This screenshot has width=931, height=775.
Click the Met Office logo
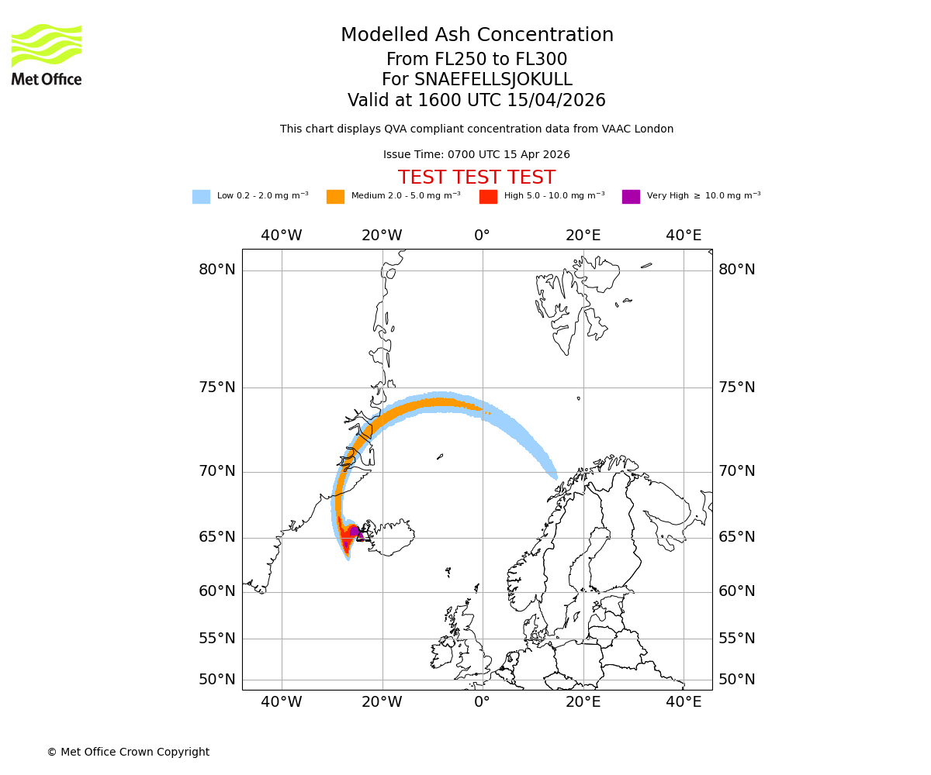point(47,54)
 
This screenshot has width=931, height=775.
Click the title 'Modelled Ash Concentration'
point(477,36)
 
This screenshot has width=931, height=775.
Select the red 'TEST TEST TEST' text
point(476,177)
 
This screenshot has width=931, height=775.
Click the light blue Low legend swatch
point(201,197)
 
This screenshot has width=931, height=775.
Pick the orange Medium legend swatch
point(335,197)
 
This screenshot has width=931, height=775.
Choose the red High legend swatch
point(488,197)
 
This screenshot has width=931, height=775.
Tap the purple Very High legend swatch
point(631,197)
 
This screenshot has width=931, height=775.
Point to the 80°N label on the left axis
point(217,270)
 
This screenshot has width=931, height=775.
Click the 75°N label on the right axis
point(736,387)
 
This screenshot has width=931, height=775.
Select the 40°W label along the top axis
point(281,236)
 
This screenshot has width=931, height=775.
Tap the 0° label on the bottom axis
point(482,702)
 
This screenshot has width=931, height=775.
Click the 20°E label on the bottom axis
point(583,702)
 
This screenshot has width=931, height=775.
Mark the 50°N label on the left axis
point(217,680)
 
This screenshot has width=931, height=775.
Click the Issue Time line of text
point(476,155)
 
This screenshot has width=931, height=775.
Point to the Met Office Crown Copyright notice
point(128,752)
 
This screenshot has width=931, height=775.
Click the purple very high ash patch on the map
point(354,531)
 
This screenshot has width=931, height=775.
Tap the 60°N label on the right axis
point(736,591)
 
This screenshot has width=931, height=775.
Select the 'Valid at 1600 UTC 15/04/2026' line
point(476,101)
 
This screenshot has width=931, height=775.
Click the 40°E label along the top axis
point(684,236)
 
